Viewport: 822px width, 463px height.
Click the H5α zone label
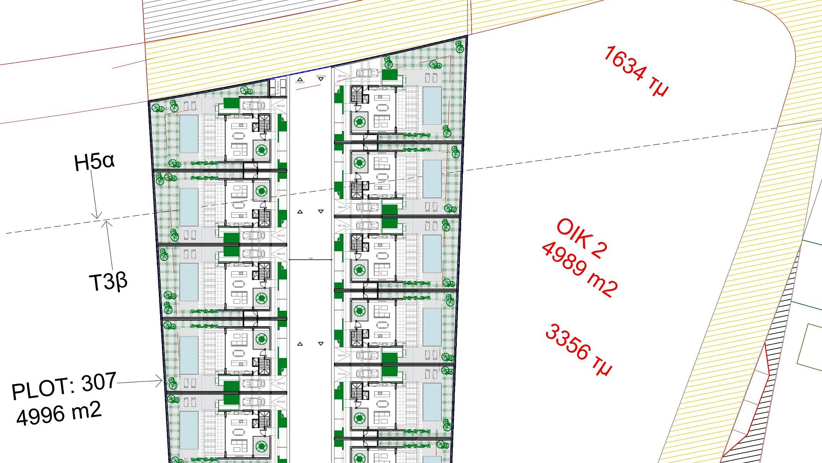[94, 162]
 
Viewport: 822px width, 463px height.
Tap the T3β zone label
[108, 282]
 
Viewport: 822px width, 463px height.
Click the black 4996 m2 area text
[59, 413]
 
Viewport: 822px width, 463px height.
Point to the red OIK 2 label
[581, 239]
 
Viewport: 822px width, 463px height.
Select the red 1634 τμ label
[635, 71]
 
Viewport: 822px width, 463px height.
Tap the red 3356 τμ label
[578, 349]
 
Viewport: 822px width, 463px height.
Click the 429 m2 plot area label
[342, 76]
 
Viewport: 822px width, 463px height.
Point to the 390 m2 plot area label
[280, 106]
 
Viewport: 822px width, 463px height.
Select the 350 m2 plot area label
[280, 236]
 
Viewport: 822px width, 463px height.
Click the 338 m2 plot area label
[342, 207]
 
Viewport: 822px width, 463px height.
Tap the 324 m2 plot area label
[342, 355]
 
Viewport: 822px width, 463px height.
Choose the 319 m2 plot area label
[280, 402]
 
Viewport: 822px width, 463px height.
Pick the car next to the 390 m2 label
[253, 105]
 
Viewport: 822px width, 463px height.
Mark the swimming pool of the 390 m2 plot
[189, 133]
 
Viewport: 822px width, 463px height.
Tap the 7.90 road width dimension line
[310, 260]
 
